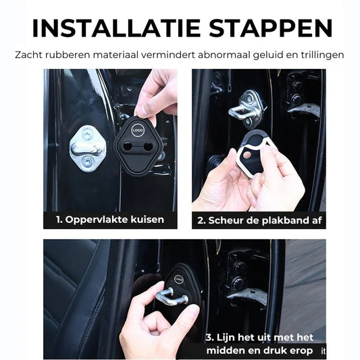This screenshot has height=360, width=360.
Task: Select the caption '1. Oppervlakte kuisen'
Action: click(109, 220)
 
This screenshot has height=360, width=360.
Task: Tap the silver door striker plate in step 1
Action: click(87, 145)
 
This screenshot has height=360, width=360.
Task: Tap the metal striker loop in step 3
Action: click(173, 297)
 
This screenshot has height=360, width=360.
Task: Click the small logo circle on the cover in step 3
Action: click(178, 279)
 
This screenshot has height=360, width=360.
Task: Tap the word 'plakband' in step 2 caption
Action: click(281, 220)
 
